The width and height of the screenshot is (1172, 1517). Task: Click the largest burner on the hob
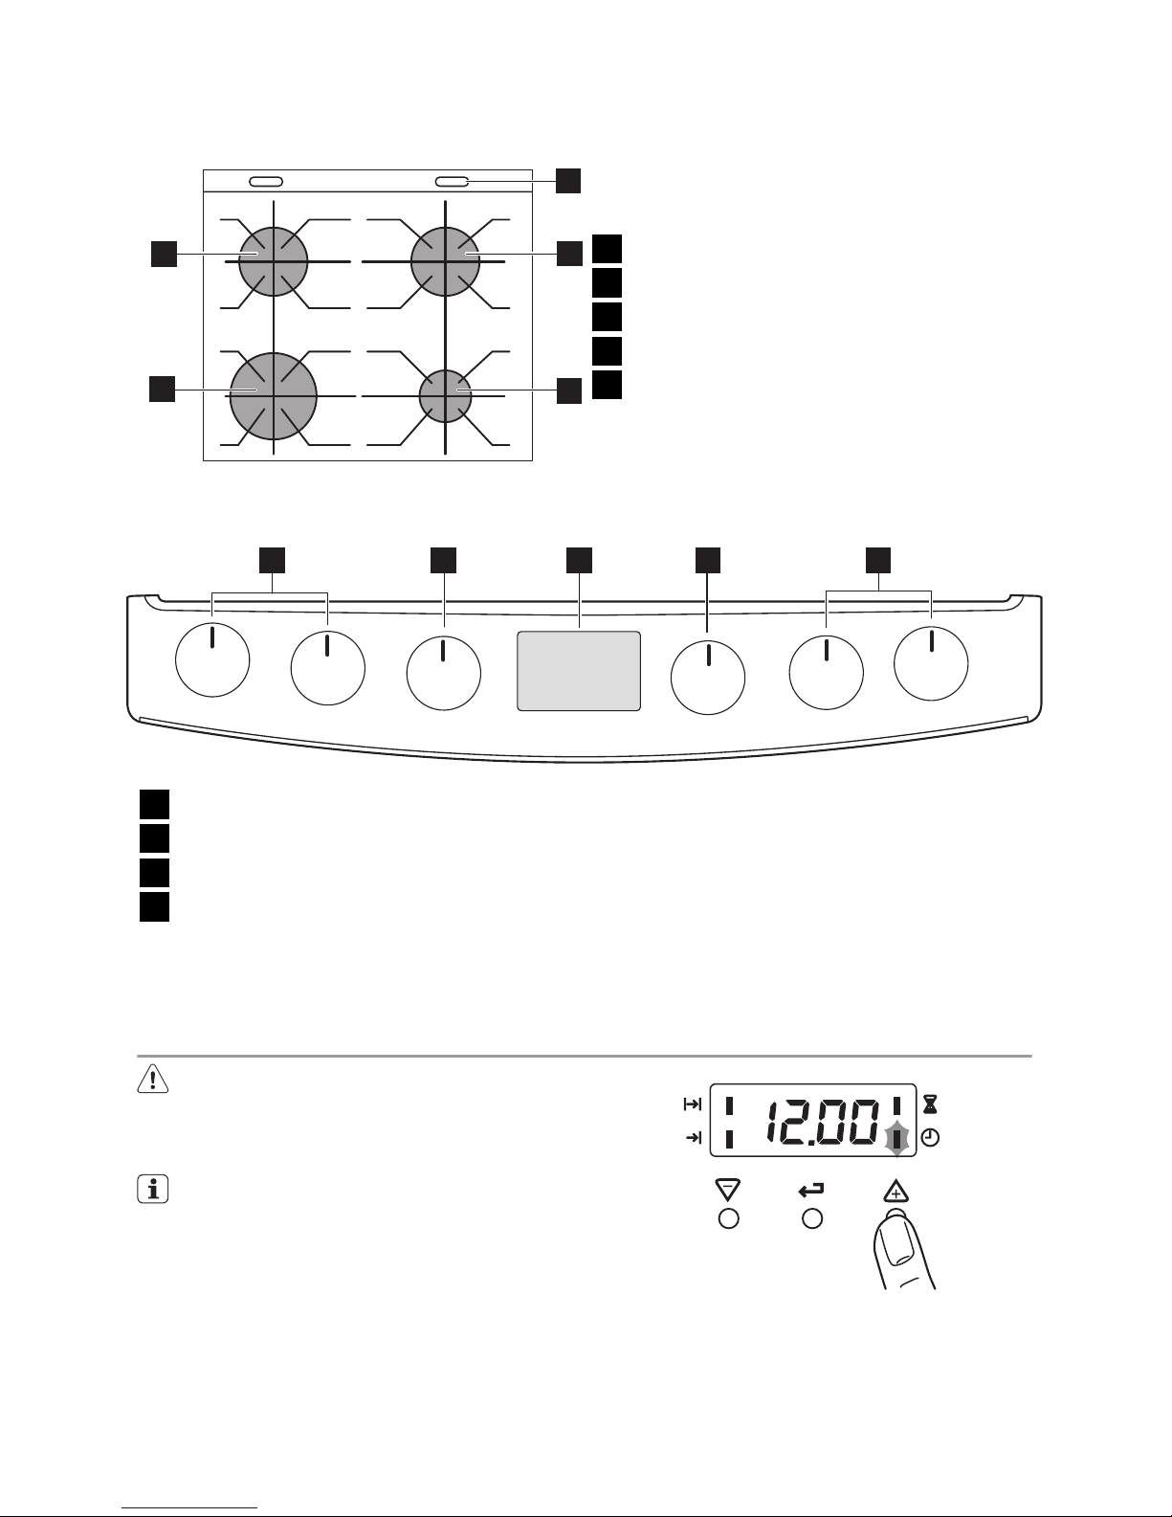tap(274, 396)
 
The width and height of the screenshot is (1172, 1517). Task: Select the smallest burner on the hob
tap(445, 396)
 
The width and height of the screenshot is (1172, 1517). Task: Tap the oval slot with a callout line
tap(452, 182)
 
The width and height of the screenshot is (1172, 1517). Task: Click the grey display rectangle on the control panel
tap(579, 671)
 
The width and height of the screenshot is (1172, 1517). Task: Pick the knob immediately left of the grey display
tap(444, 673)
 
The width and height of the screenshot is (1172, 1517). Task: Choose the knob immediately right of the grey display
tap(708, 678)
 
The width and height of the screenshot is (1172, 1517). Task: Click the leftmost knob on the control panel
tap(212, 659)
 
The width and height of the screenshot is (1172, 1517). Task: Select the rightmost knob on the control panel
tap(931, 663)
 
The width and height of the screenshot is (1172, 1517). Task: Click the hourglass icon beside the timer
tap(931, 1104)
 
